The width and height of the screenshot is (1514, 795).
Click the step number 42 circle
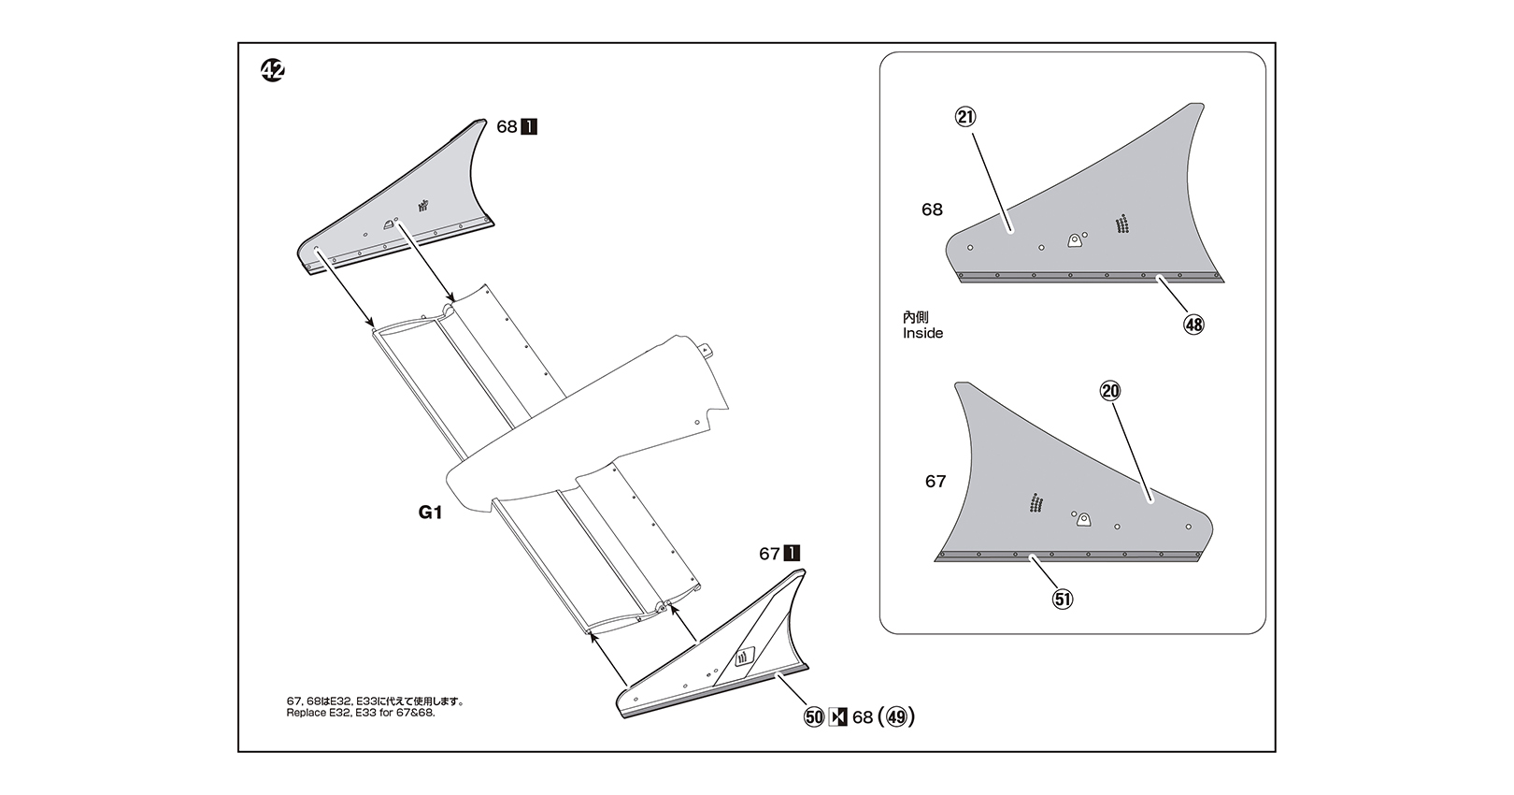(x=273, y=71)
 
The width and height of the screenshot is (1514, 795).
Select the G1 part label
(x=430, y=513)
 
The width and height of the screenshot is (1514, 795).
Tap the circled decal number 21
(x=965, y=117)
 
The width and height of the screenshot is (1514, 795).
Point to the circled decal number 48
(x=1193, y=325)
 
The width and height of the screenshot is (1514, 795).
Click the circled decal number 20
(x=1110, y=391)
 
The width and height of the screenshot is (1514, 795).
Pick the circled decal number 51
(x=1063, y=599)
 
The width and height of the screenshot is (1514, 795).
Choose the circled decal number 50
(x=814, y=717)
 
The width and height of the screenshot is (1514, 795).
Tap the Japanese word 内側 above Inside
(x=916, y=318)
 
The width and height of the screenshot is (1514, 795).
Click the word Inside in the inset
(x=922, y=333)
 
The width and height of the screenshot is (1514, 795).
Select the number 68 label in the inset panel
(x=932, y=210)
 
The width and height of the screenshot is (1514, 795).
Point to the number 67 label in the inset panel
(x=936, y=482)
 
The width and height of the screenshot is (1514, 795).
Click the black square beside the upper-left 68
(x=528, y=126)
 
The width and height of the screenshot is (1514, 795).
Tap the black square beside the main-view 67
(x=792, y=554)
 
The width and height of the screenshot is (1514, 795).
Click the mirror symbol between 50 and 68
(x=838, y=717)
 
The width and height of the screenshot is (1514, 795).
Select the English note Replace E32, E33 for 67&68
(x=361, y=713)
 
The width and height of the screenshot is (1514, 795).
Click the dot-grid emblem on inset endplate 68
(x=1121, y=224)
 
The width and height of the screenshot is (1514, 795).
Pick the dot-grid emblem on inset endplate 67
(x=1036, y=503)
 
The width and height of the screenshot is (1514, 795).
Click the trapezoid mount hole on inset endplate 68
(x=1075, y=240)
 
